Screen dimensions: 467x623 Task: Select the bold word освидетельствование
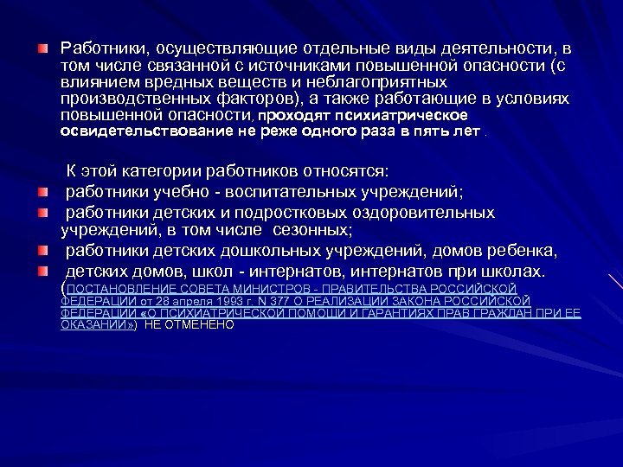(x=137, y=131)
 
